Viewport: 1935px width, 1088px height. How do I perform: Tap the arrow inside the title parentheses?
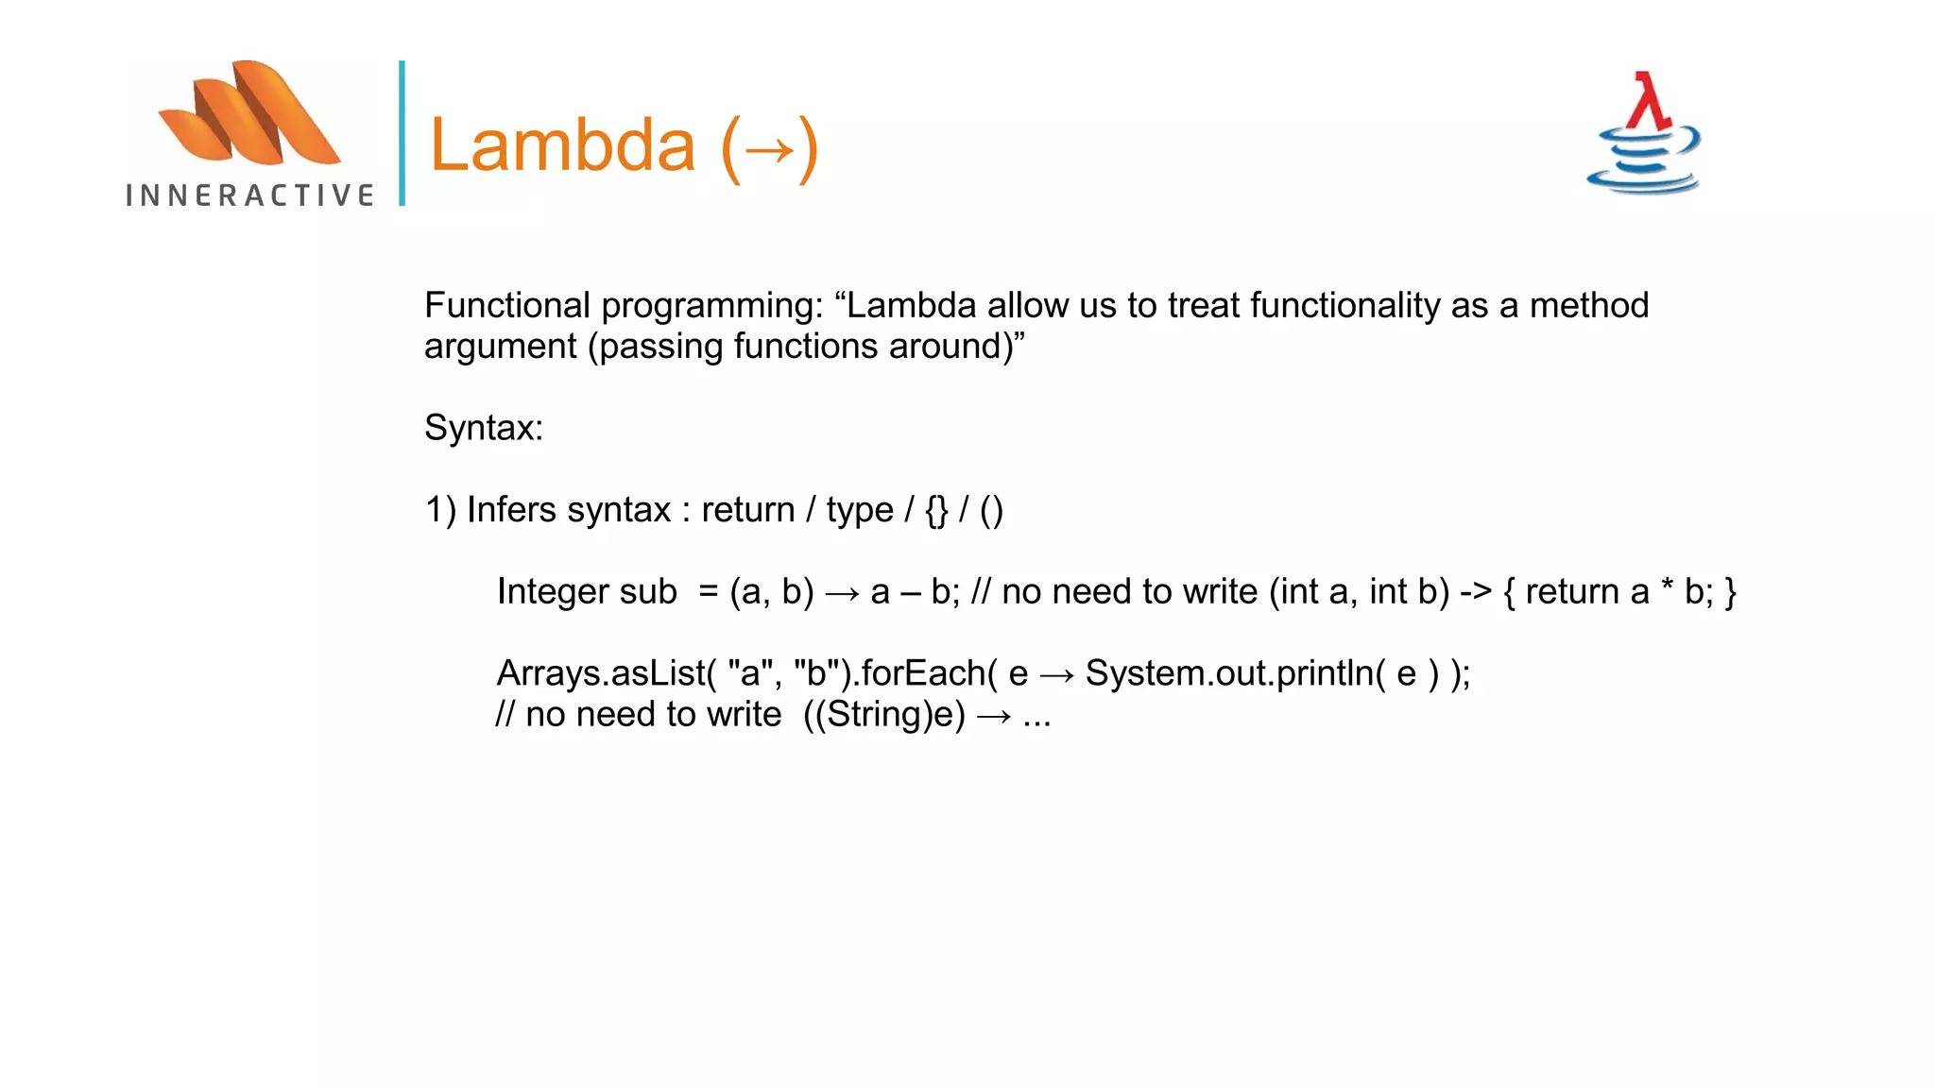[769, 148]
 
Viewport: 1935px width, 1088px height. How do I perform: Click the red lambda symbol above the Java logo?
[1649, 101]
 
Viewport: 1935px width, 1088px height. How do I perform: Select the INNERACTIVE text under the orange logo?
[250, 195]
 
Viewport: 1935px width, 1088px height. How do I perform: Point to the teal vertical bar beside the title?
[402, 133]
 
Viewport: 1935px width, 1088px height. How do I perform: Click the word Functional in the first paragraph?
[507, 306]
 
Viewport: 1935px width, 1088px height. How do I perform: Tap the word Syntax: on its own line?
[484, 428]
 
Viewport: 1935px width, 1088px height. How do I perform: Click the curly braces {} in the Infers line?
[936, 510]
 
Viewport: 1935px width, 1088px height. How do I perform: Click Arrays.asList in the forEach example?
[601, 673]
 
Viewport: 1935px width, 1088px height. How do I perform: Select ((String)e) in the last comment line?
[884, 715]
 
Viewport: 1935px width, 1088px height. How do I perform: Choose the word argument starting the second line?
[500, 347]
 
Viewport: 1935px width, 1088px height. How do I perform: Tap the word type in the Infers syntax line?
[859, 510]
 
